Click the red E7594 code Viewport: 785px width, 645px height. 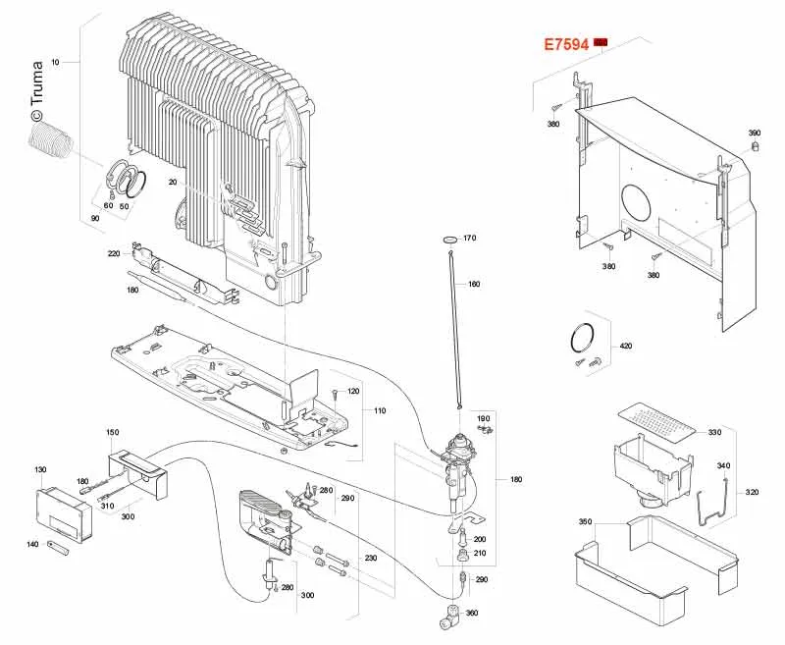[566, 44]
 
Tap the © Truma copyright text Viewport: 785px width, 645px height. [36, 91]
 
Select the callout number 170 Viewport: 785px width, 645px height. [469, 238]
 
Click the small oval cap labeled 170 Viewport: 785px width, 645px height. [451, 239]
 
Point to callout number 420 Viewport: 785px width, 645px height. [626, 346]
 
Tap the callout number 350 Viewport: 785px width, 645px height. [585, 522]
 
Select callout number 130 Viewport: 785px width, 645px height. [40, 469]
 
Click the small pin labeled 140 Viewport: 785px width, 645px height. [59, 548]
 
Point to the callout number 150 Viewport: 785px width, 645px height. [113, 432]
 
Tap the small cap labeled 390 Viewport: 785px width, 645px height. [756, 146]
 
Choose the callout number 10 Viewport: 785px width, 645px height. [55, 62]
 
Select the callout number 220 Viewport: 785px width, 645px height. [114, 253]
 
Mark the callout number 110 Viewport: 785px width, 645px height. [380, 410]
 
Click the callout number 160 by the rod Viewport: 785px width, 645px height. [474, 284]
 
